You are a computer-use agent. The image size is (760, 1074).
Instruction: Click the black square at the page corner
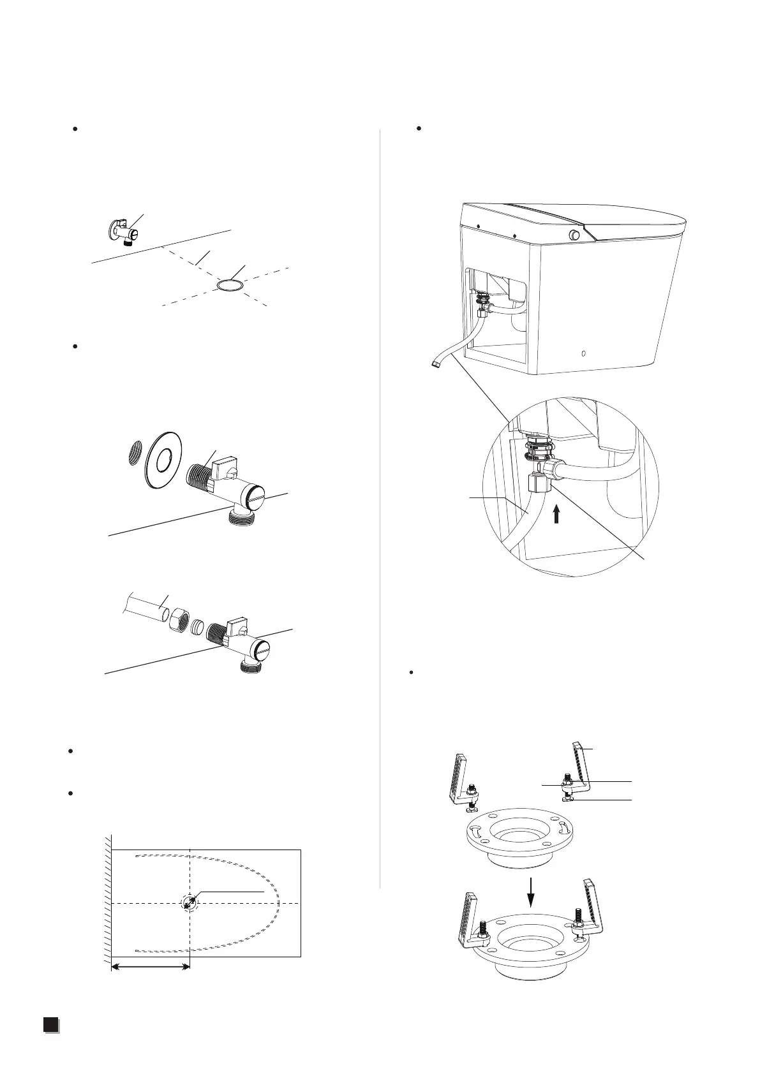[x=51, y=1042]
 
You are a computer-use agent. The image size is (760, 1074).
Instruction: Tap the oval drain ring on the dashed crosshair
[x=230, y=285]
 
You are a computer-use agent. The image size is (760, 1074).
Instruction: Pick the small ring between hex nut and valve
[x=198, y=623]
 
